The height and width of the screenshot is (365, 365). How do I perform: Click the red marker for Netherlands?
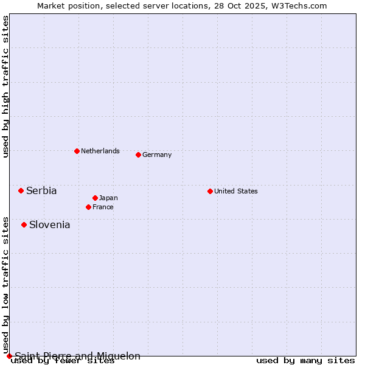(x=77, y=151)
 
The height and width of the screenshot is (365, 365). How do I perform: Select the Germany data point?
(x=138, y=155)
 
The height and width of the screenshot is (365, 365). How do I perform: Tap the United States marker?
(x=210, y=191)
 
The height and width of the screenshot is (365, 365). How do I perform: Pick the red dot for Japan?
(x=95, y=198)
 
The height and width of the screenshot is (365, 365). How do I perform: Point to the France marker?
(x=88, y=207)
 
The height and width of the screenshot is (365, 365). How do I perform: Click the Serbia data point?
(x=21, y=190)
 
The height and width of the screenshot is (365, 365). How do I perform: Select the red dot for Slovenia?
(x=24, y=224)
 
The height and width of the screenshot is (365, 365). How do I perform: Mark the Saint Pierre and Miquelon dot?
(x=9, y=356)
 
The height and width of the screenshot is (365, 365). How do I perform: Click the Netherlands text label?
(x=100, y=151)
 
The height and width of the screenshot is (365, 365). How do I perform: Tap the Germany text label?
(x=157, y=155)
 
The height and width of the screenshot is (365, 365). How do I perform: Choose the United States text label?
(x=236, y=191)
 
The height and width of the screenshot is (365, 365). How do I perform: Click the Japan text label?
(x=108, y=198)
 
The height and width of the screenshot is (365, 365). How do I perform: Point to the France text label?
(x=103, y=207)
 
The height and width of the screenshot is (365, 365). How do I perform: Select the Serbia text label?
(x=41, y=190)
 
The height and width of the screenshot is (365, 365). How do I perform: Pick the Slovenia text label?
(x=50, y=224)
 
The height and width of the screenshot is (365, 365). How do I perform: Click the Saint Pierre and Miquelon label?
(x=78, y=356)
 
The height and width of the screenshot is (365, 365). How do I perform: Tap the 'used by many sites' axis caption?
(x=305, y=361)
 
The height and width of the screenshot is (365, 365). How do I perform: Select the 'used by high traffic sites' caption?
(x=5, y=86)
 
